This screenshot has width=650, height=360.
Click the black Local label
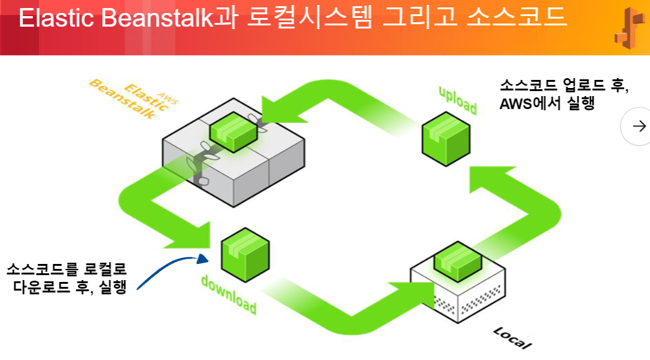tap(512, 338)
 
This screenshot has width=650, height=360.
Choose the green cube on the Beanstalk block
tap(234, 130)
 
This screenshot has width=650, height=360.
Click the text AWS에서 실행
tap(547, 104)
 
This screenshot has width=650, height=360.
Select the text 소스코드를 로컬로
tap(66, 270)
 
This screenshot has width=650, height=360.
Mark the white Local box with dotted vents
tap(459, 296)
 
